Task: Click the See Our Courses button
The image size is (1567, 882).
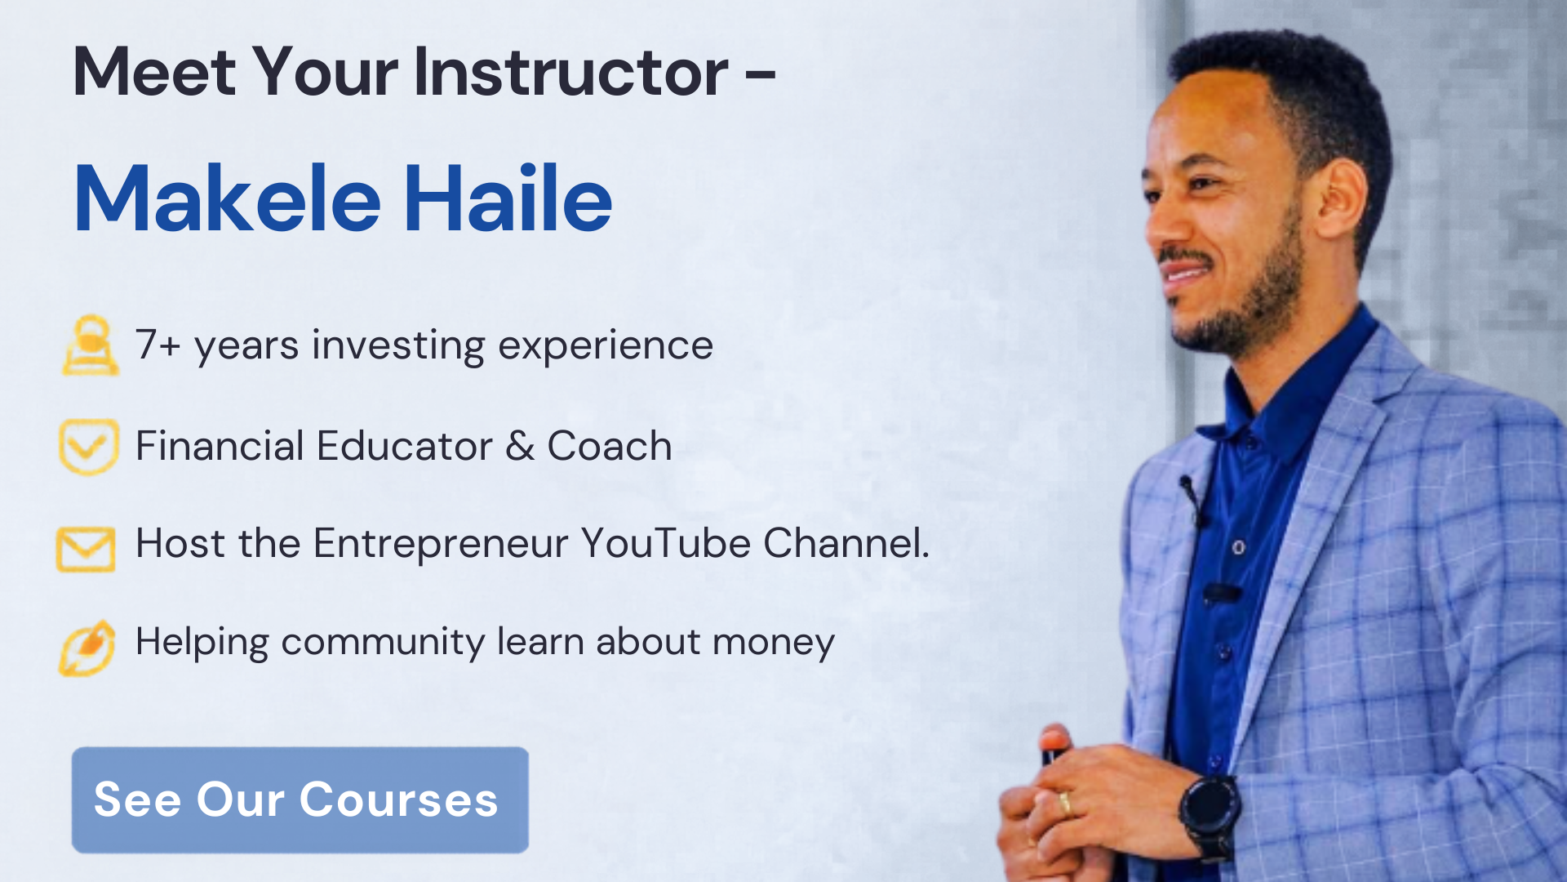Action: [x=300, y=800]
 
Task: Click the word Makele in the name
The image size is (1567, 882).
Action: [x=228, y=198]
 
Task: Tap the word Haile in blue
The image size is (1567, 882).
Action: [x=508, y=198]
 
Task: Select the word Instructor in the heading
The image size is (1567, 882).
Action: [x=570, y=72]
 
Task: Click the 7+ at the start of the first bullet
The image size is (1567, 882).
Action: [x=158, y=345]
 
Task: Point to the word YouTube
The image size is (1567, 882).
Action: [x=666, y=543]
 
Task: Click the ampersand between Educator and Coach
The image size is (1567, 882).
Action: [x=520, y=446]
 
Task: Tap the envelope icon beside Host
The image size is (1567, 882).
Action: [x=86, y=549]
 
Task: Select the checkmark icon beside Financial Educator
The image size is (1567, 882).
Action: [x=89, y=446]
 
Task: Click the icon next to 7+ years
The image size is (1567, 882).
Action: [x=90, y=345]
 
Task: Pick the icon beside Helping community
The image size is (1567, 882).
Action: [x=87, y=648]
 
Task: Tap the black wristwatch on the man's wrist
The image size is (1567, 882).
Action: [x=1209, y=813]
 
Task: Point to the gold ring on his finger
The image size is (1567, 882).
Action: [x=1065, y=803]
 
